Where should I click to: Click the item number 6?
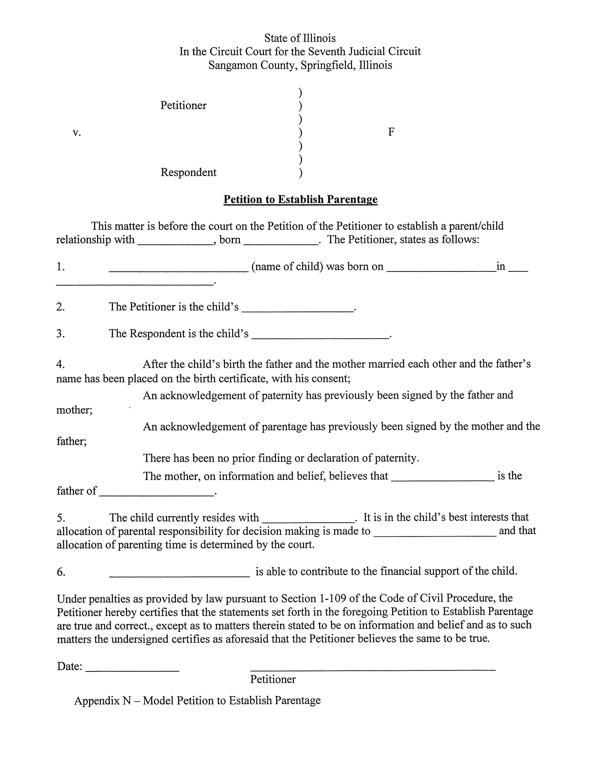(x=61, y=572)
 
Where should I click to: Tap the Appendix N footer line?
(x=197, y=700)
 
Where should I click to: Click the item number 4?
(x=60, y=364)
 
